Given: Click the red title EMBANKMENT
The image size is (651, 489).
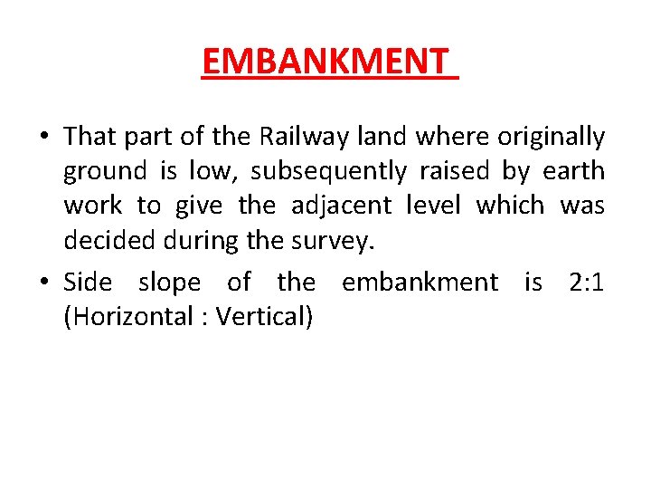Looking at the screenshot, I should (x=325, y=62).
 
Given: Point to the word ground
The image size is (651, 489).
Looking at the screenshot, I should (x=104, y=171).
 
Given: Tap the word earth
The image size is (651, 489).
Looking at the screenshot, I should (x=574, y=171).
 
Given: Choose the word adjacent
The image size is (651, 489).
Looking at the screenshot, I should (x=341, y=206).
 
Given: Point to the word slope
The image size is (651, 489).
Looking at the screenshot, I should (x=169, y=283).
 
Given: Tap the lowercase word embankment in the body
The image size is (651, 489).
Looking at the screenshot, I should (x=419, y=283).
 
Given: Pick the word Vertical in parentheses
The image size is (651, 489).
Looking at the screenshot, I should (x=264, y=317).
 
